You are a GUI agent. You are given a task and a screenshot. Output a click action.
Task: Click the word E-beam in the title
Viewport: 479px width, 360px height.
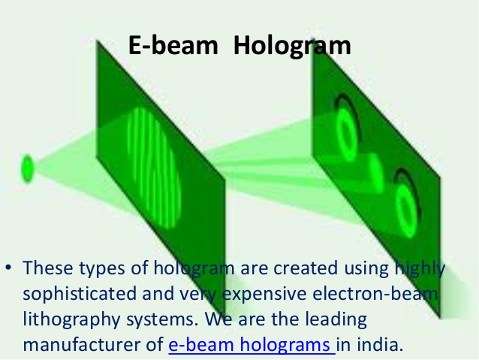(x=173, y=45)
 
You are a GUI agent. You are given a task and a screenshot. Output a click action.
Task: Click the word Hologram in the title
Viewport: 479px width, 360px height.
(x=292, y=47)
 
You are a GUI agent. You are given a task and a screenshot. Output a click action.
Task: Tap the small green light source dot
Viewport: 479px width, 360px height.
(x=27, y=168)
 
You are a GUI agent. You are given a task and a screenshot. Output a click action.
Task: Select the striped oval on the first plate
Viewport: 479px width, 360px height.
(x=155, y=168)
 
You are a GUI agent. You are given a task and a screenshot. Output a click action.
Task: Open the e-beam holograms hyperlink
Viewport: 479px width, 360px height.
(x=252, y=345)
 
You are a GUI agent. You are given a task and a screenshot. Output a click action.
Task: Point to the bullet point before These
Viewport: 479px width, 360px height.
(x=8, y=268)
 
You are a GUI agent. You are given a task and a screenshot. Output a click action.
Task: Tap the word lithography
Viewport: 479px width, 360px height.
(x=71, y=319)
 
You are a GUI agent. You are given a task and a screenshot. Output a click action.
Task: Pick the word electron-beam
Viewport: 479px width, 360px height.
(x=375, y=293)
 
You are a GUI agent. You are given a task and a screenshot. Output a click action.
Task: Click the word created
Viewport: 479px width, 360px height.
(x=306, y=268)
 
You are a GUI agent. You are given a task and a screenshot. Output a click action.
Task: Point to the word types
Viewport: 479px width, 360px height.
(x=102, y=269)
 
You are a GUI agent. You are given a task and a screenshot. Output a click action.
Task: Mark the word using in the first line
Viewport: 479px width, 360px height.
(x=366, y=269)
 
